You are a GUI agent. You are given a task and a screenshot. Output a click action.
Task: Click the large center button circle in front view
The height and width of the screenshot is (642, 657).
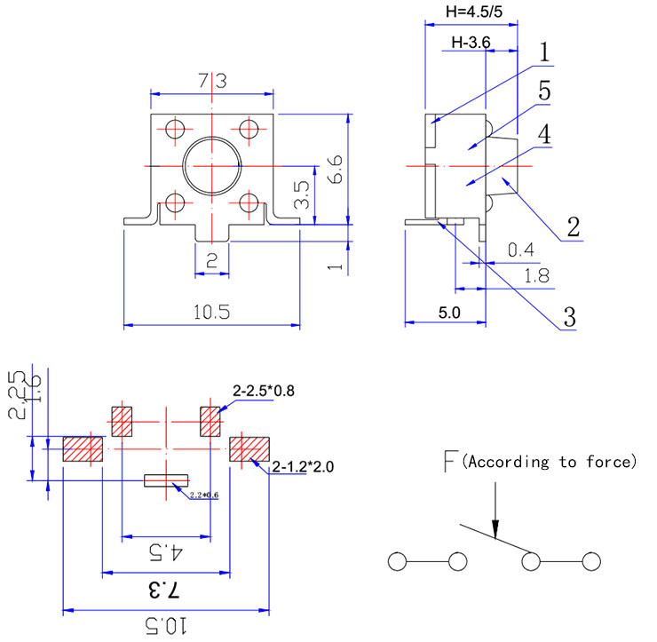click(x=213, y=165)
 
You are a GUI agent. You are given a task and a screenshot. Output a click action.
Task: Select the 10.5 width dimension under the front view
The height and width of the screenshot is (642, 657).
click(x=211, y=312)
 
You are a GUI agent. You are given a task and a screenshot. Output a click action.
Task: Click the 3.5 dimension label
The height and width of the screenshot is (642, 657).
click(x=302, y=194)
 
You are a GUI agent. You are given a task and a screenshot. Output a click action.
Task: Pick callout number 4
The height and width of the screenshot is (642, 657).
click(x=544, y=134)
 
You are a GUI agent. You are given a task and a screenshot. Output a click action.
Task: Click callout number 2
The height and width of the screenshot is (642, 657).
click(x=573, y=226)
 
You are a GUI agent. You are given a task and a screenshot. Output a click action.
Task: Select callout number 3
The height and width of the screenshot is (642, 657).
click(x=568, y=316)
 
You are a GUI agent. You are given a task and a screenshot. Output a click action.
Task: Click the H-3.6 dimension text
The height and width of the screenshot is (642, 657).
click(x=471, y=42)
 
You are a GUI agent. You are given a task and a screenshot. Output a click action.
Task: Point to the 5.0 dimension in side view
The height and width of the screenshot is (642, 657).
click(x=449, y=313)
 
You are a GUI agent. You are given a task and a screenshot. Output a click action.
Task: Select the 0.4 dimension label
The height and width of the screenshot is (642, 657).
click(x=521, y=251)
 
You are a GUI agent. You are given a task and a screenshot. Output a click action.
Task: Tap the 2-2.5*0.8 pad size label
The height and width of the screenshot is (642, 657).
click(x=265, y=390)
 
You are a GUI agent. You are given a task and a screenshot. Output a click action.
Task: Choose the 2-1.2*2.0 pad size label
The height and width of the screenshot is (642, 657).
click(x=304, y=465)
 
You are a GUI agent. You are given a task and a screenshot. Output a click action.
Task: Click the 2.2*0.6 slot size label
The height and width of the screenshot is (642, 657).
click(x=203, y=495)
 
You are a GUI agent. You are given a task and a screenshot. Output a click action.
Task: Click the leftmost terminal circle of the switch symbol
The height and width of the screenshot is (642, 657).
click(x=397, y=562)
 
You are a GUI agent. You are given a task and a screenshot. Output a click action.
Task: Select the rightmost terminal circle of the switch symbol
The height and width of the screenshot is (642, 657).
click(x=591, y=562)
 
